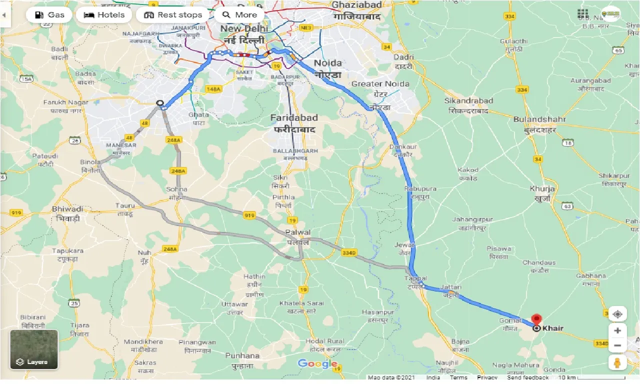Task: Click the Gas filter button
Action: click(49, 15)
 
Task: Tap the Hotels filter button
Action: click(104, 15)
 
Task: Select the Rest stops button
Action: click(173, 15)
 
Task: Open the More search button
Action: click(239, 15)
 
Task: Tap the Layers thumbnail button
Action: click(34, 349)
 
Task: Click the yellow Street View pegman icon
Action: click(617, 362)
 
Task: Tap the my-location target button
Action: click(617, 314)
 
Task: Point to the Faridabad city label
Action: click(294, 118)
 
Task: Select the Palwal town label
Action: click(298, 232)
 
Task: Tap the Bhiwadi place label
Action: click(67, 209)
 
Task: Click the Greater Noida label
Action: click(380, 84)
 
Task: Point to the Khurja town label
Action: click(542, 189)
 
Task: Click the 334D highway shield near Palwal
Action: click(348, 253)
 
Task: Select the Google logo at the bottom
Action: click(317, 363)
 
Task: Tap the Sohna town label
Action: click(177, 189)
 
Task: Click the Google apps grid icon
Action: click(582, 14)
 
